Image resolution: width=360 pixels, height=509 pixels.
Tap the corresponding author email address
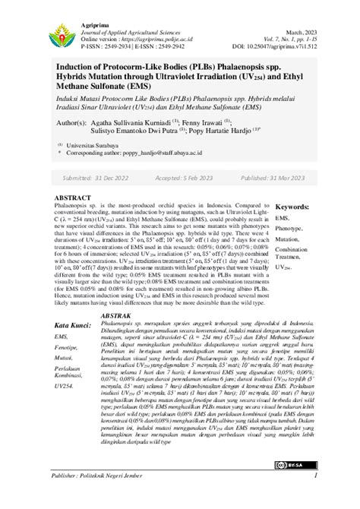click(x=171, y=152)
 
